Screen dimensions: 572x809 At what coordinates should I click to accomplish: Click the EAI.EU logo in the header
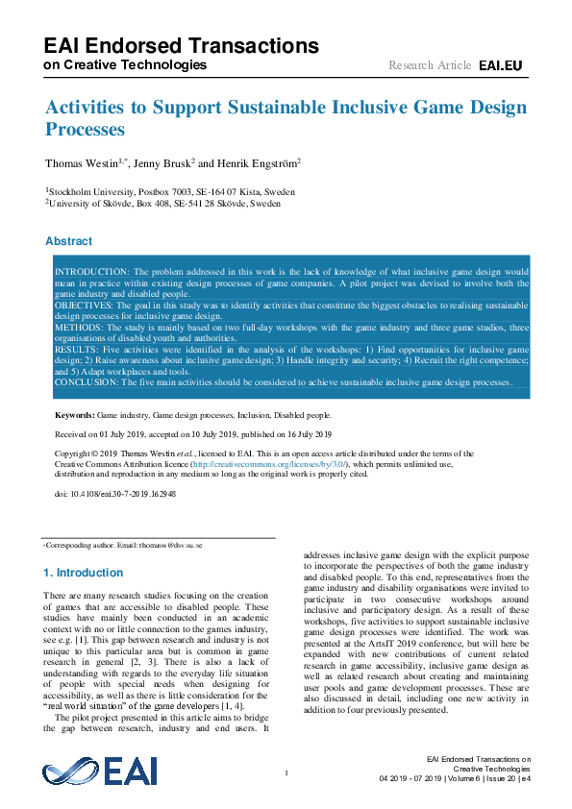[500, 65]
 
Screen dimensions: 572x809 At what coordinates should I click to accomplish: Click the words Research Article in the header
[430, 65]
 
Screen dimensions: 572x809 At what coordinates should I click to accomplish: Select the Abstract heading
[69, 241]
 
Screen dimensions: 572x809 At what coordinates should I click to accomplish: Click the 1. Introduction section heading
[84, 573]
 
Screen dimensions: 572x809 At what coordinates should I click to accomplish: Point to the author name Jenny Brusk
[167, 163]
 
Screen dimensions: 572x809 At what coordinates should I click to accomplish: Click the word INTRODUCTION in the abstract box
[91, 273]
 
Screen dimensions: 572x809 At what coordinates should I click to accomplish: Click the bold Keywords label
[74, 415]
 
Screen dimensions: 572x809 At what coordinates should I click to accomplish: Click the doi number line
[115, 493]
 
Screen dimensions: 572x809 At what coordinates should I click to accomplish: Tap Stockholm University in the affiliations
[89, 192]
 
